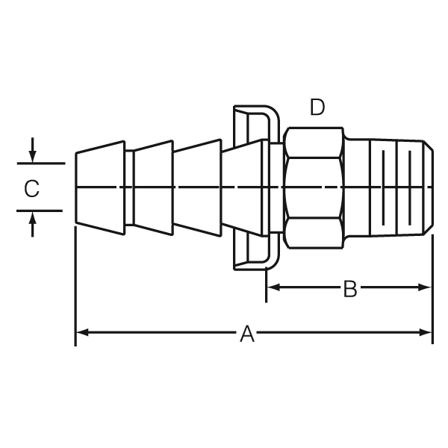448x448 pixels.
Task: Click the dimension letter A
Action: coord(247,333)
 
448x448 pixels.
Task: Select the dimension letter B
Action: coord(349,288)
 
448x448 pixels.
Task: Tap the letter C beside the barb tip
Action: coord(31,188)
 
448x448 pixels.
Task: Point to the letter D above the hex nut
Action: coord(317,108)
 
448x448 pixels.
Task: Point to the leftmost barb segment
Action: coord(101,186)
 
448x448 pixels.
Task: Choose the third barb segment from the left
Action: coord(198,186)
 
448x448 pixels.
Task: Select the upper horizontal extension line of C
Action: coord(39,163)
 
